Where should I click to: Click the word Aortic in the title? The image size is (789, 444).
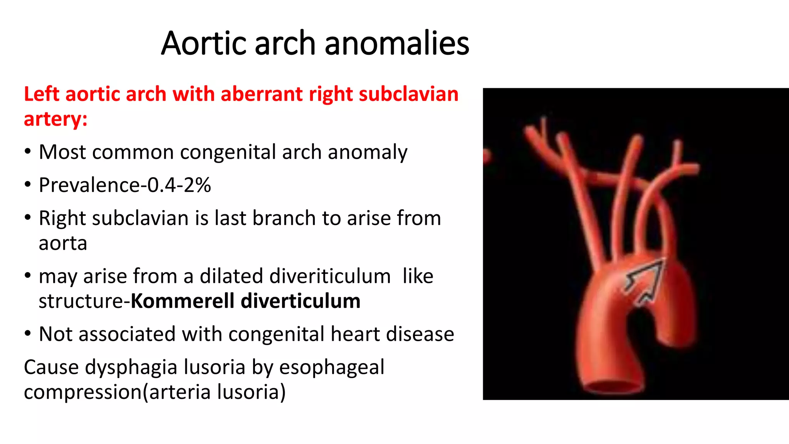click(203, 43)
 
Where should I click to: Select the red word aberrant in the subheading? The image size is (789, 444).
click(261, 94)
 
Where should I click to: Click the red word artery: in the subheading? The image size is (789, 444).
click(55, 119)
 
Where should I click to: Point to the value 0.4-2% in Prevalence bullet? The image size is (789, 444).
click(179, 185)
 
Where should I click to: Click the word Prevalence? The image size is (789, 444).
click(89, 185)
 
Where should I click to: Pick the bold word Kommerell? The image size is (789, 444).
click(182, 301)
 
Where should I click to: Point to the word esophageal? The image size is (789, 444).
click(332, 368)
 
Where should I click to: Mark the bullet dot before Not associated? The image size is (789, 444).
click(27, 334)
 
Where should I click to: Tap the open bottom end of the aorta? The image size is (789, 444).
click(613, 387)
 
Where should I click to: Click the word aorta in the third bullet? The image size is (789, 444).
click(63, 244)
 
